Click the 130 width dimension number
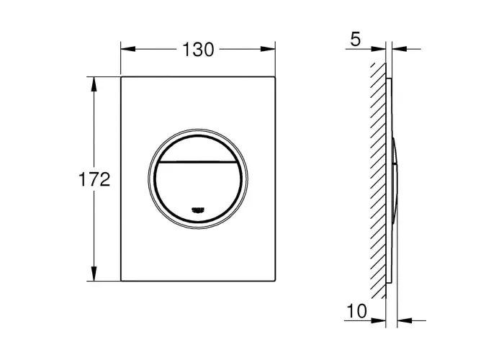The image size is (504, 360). click(x=198, y=50)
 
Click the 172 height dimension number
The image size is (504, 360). click(x=94, y=179)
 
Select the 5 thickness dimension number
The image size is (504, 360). click(x=356, y=40)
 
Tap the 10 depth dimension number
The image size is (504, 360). click(x=357, y=311)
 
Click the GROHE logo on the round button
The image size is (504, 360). click(x=198, y=210)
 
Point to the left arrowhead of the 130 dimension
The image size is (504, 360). click(x=127, y=49)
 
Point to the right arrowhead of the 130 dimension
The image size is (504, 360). click(x=268, y=49)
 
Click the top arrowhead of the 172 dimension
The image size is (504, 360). click(x=94, y=84)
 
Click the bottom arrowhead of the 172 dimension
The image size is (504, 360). click(x=94, y=274)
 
